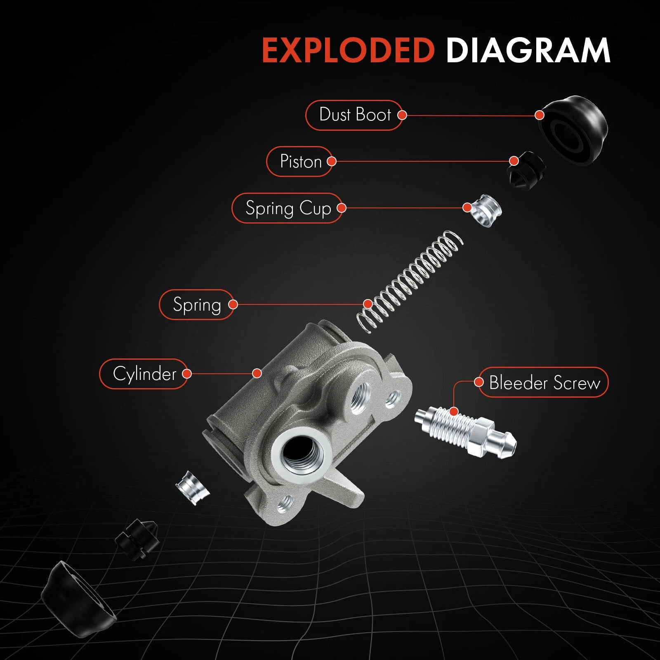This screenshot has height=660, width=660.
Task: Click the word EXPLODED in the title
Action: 349,50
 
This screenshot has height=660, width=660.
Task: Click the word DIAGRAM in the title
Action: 528,50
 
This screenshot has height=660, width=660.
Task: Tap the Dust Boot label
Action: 354,115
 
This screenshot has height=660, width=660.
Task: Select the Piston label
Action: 300,161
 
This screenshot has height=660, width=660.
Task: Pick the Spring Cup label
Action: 288,208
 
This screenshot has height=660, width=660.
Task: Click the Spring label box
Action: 197,304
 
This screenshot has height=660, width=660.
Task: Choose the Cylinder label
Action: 144,374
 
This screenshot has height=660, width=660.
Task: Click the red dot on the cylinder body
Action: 257,373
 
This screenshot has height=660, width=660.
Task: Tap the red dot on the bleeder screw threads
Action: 454,411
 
